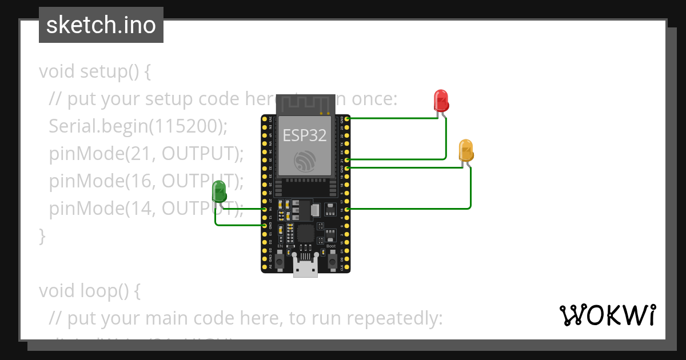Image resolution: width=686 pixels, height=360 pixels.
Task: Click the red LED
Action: pyautogui.click(x=441, y=100)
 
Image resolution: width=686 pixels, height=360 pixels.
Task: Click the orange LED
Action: pyautogui.click(x=466, y=150)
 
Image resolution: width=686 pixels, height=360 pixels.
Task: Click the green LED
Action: pyautogui.click(x=219, y=191)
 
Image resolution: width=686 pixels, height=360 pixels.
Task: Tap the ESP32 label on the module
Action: pyautogui.click(x=304, y=135)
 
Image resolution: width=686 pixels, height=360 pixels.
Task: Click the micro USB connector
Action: pyautogui.click(x=305, y=266)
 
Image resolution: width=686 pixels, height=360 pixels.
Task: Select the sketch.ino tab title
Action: pyautogui.click(x=101, y=25)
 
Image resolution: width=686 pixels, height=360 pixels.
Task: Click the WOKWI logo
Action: pyautogui.click(x=607, y=315)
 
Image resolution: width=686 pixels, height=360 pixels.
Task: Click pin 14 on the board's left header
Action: pyautogui.click(x=265, y=209)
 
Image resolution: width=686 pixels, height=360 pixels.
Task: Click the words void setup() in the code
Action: pyautogui.click(x=94, y=72)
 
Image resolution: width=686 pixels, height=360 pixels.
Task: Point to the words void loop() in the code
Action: pyautogui.click(x=89, y=291)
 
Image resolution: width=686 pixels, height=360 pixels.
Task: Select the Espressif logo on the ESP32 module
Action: pyautogui.click(x=304, y=161)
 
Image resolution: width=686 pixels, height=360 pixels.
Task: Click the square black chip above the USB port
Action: pyautogui.click(x=305, y=233)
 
